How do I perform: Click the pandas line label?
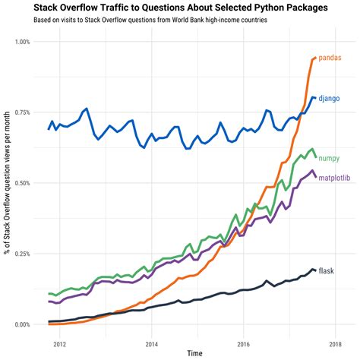(x=330, y=58)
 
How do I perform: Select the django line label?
(x=329, y=99)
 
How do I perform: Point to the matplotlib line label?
(x=336, y=178)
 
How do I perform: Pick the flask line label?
(x=326, y=271)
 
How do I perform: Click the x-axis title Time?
(x=195, y=354)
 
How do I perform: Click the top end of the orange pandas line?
(x=315, y=58)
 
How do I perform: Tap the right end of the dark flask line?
(x=315, y=270)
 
